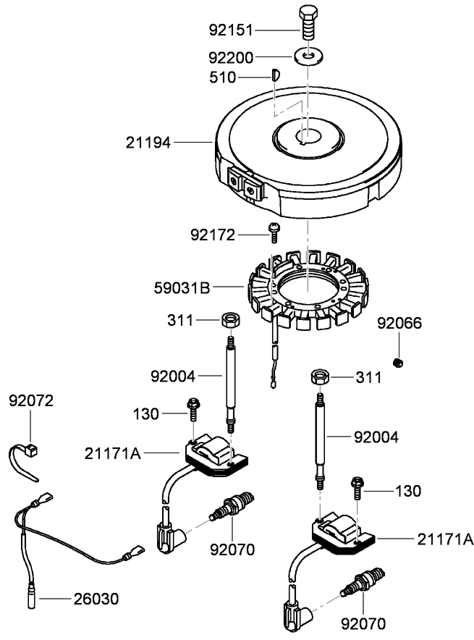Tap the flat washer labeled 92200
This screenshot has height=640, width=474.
pos(308,55)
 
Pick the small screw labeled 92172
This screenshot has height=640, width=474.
pos(274,232)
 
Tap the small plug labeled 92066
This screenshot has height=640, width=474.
pos(397,362)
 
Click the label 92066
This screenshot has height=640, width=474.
pos(399,323)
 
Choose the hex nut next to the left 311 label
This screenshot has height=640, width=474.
pos(230,319)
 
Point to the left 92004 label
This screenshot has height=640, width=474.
pos(172,376)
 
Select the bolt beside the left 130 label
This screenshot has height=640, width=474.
pos(194,410)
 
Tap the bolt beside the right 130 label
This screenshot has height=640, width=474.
pos(357,489)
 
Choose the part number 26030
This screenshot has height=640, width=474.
pos(96,599)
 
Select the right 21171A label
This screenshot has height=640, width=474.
pos(444,539)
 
